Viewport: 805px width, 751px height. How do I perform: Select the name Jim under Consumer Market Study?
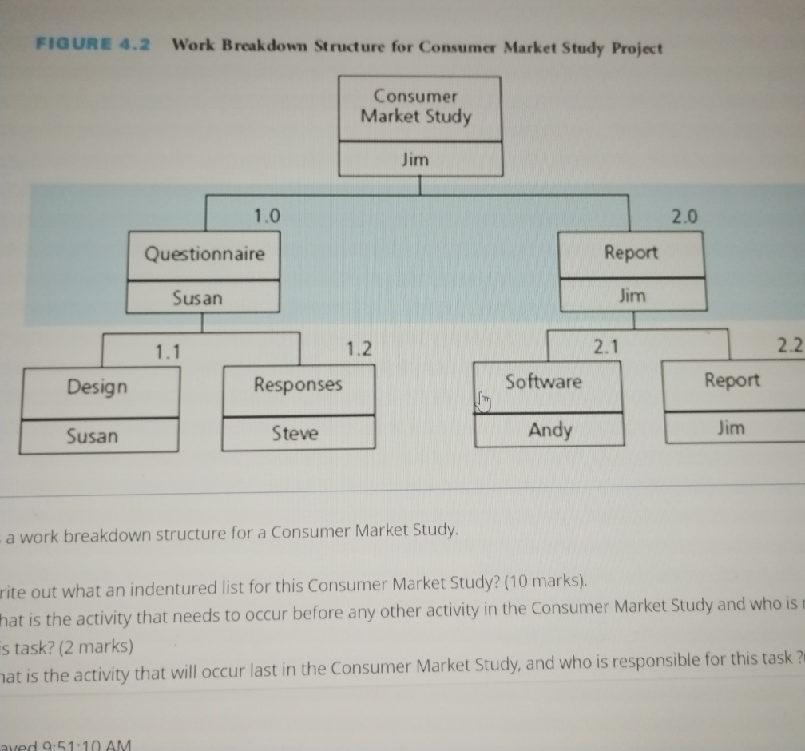click(x=415, y=160)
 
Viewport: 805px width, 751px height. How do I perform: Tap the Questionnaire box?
click(x=204, y=255)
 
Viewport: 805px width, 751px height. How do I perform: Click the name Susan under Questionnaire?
click(x=198, y=298)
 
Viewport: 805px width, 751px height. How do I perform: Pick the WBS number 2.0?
click(x=684, y=216)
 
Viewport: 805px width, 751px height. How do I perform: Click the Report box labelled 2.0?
click(x=631, y=253)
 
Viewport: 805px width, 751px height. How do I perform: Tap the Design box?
click(x=97, y=387)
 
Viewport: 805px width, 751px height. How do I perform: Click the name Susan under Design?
click(x=92, y=436)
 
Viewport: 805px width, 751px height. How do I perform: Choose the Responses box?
click(x=298, y=385)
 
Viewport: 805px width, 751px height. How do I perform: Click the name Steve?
click(x=295, y=434)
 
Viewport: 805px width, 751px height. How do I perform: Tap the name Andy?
click(x=550, y=431)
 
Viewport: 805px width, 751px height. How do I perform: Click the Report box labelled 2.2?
click(x=732, y=381)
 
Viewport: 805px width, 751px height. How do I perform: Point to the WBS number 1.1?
click(x=168, y=350)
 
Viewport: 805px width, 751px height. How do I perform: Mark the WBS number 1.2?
click(x=360, y=348)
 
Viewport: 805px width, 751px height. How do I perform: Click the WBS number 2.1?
click(x=607, y=346)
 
